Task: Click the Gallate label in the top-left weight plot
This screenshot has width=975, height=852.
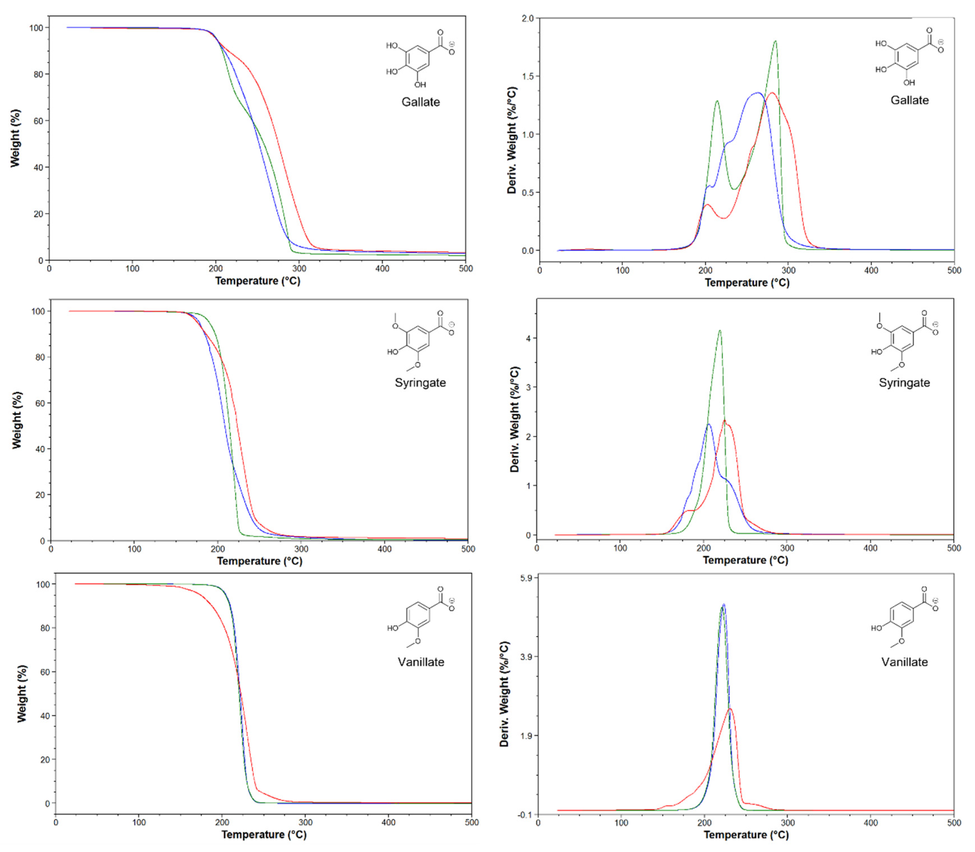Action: click(x=420, y=102)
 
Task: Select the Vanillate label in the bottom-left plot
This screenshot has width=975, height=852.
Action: click(x=421, y=662)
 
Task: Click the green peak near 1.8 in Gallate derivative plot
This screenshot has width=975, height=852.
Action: click(x=775, y=41)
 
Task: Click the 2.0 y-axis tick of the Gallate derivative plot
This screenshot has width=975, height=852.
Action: click(x=528, y=18)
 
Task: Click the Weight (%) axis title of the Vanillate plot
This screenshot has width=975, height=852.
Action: click(x=22, y=693)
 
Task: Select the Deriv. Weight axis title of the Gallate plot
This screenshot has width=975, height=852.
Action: click(x=512, y=140)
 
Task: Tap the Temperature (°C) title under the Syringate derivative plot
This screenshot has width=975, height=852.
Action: click(x=745, y=560)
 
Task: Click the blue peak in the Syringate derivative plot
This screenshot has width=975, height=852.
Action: click(x=708, y=424)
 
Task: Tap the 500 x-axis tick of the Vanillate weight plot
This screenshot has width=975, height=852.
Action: click(x=471, y=822)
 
